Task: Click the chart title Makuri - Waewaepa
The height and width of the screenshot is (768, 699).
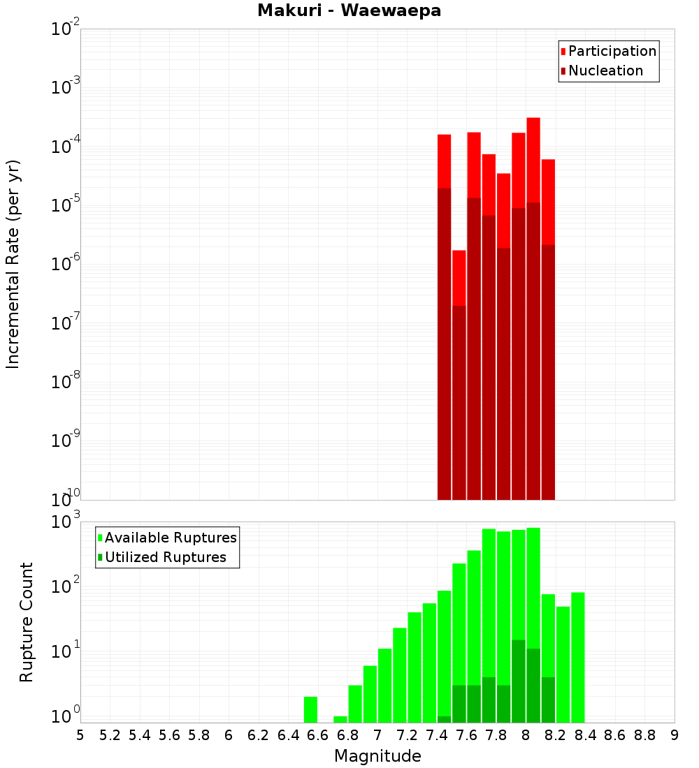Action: point(349,11)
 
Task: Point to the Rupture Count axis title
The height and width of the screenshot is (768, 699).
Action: point(27,622)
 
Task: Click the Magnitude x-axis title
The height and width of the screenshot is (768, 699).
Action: point(377,756)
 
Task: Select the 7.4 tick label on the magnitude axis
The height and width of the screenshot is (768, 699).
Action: point(437,735)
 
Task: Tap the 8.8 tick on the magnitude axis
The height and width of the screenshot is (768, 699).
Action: point(644,735)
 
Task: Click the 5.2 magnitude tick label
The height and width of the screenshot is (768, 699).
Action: point(110,735)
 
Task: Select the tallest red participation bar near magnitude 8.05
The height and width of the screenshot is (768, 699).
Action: point(533,161)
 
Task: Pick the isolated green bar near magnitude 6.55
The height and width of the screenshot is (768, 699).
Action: point(310,709)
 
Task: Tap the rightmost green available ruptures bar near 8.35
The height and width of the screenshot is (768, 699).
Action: point(578,656)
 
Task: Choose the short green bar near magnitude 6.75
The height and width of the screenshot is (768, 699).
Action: point(340,719)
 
